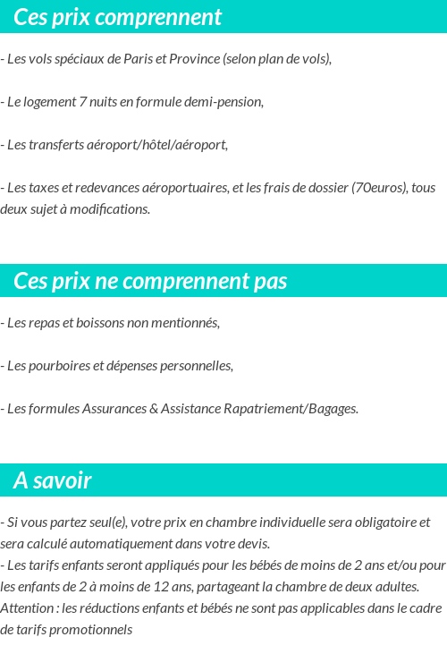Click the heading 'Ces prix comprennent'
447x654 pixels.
pos(118,17)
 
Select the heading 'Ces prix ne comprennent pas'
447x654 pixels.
pos(150,281)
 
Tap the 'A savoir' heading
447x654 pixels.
pos(53,480)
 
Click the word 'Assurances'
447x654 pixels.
pos(114,408)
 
